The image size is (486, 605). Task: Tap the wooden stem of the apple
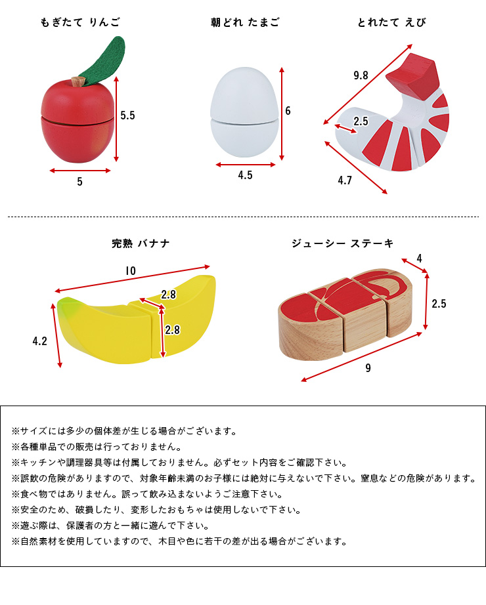pos(78,82)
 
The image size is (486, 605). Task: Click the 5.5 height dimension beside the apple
pos(127,115)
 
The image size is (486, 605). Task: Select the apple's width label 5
pos(79,182)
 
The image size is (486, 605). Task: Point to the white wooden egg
pos(244,112)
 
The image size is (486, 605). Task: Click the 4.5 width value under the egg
pos(246,175)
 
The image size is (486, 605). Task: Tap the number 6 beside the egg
pos(288,111)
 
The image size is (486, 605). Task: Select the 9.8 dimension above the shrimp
pos(361,75)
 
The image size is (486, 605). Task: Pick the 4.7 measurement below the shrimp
pos(345,180)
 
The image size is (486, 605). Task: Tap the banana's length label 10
pos(131,271)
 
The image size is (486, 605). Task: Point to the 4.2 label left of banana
pos(40,341)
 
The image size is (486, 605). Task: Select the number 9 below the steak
pos(368,368)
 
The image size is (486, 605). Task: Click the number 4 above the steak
pos(419,259)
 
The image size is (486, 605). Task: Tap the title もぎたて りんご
pos(80,22)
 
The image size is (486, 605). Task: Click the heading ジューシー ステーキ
pos(343,243)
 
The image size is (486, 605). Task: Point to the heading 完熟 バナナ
pos(141,243)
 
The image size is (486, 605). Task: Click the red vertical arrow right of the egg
pos(282,114)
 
